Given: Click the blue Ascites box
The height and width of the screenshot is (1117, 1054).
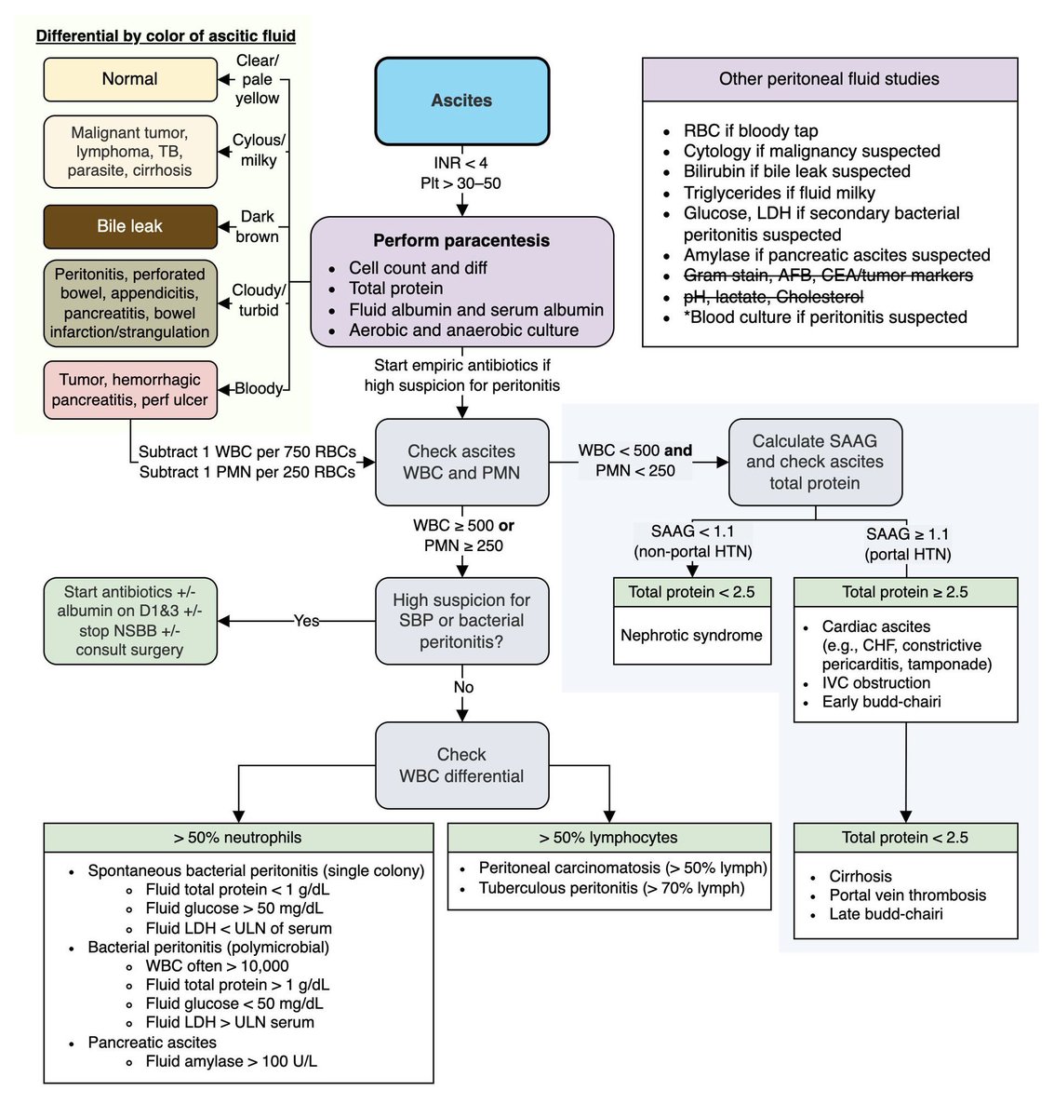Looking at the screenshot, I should click(x=461, y=101).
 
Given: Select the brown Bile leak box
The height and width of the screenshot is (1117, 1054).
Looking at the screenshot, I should click(x=130, y=226).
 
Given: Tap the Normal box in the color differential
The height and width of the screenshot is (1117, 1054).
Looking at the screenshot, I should click(x=130, y=80).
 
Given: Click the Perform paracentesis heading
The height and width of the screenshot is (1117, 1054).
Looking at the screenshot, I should click(x=461, y=240).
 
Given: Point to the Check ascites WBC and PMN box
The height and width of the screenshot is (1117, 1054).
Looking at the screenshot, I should click(x=461, y=462).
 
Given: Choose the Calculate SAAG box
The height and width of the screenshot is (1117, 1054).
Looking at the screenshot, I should click(x=814, y=462).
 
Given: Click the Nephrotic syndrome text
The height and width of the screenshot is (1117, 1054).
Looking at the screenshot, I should click(x=691, y=636).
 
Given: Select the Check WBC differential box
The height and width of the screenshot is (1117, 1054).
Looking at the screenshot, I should click(x=461, y=765).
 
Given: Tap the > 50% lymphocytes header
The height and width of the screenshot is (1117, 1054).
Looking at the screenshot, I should click(x=608, y=838).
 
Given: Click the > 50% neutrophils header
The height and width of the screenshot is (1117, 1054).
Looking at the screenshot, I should click(x=238, y=838).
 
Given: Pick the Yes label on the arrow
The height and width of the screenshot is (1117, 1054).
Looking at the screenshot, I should click(x=306, y=621).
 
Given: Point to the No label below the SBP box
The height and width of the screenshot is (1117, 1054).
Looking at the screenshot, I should click(x=463, y=687).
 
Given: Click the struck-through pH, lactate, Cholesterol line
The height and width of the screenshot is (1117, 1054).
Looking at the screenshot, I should click(x=773, y=297).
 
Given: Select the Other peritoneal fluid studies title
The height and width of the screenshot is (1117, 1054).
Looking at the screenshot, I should click(x=829, y=79).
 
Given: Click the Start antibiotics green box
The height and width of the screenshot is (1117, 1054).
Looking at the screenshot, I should click(x=130, y=621).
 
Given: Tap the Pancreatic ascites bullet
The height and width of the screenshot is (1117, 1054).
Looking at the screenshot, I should click(x=152, y=1043).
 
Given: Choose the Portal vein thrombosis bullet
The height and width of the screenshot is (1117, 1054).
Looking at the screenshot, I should click(x=907, y=895).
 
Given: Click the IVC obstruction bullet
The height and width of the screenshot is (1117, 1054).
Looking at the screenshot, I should click(x=875, y=683).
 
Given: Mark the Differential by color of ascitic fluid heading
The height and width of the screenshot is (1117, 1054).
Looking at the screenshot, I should click(x=166, y=36).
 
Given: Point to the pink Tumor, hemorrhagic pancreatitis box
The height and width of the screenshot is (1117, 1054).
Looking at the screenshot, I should click(x=130, y=390).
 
